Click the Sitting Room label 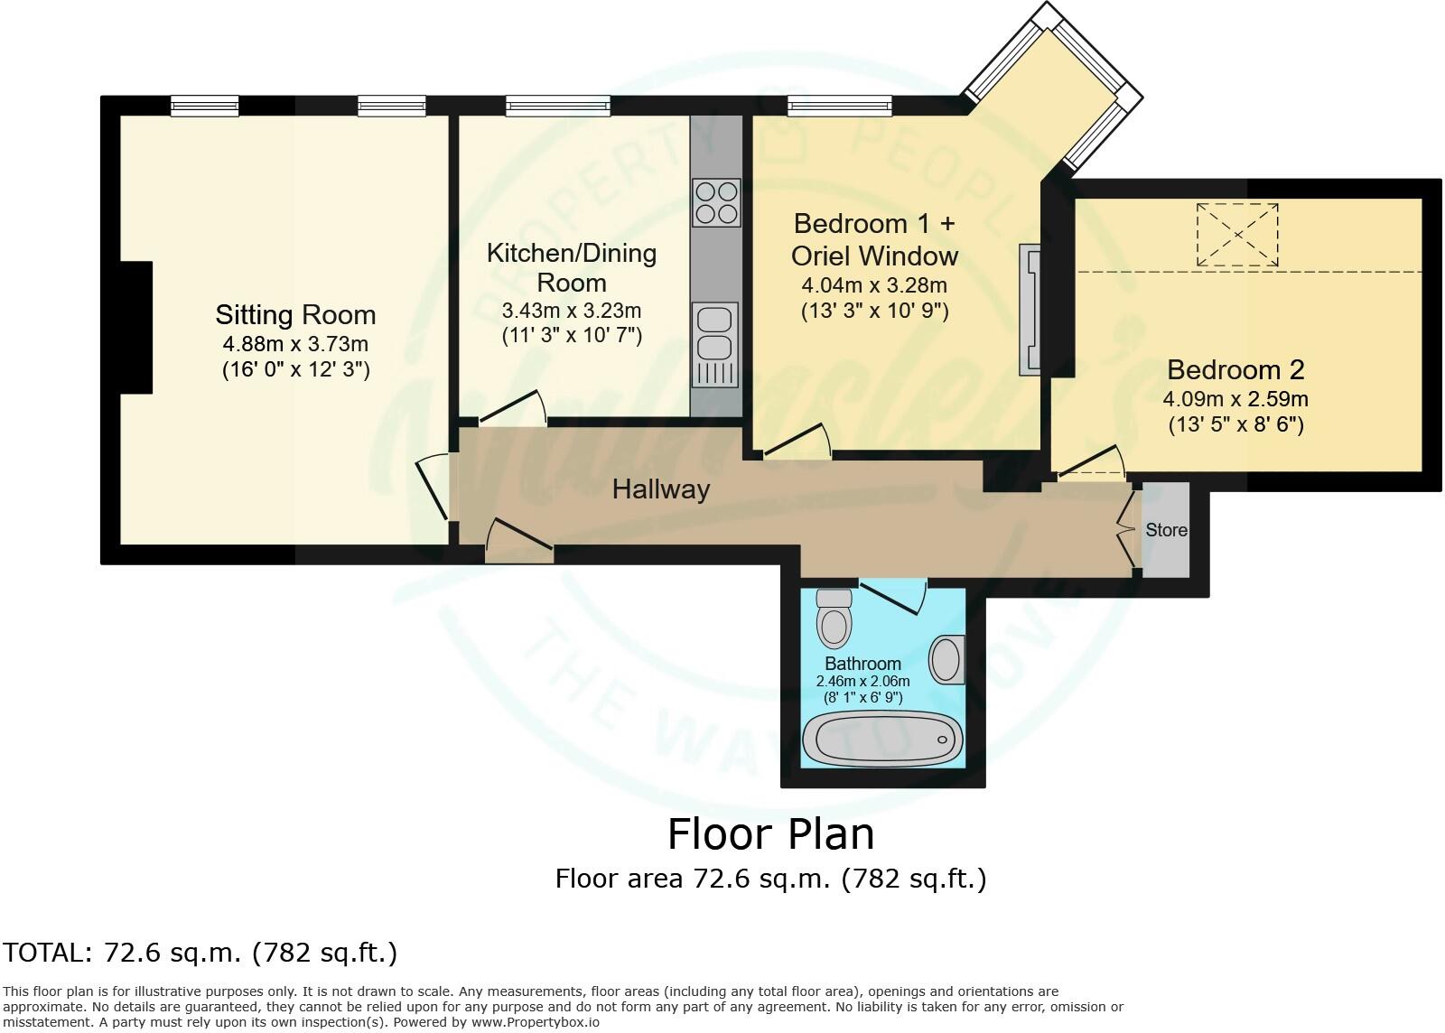coord(295,315)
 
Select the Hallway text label coord(661,489)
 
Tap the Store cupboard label coord(1166,530)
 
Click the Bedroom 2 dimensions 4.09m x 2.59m coord(1235,398)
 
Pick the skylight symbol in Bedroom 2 coord(1237,235)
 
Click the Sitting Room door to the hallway coord(433,488)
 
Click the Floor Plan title coord(770,833)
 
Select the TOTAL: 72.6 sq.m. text coord(200,952)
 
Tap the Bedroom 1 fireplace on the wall coord(1030,309)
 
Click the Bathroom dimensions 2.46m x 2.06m coord(862,681)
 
